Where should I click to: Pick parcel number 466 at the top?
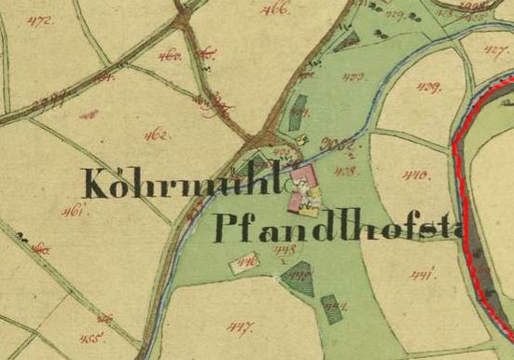pyautogui.click(x=277, y=9)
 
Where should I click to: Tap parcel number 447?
pyautogui.click(x=241, y=327)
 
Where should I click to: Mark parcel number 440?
pyautogui.click(x=415, y=173)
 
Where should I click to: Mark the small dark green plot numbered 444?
pyautogui.click(x=330, y=304)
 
